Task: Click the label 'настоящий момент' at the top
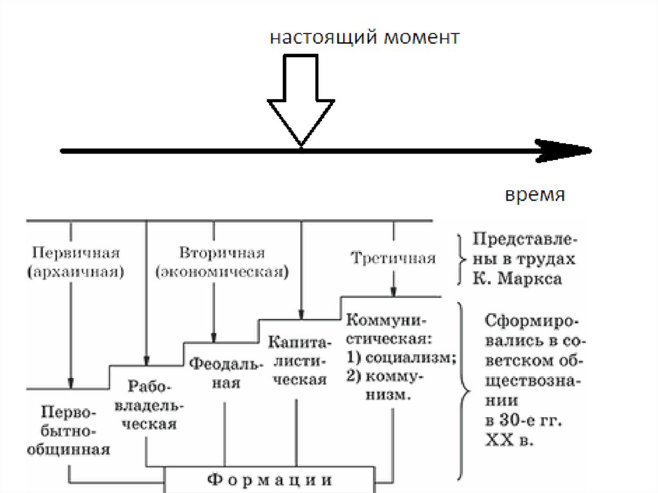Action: (364, 38)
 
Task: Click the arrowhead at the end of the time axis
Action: (569, 151)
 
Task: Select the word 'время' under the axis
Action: (535, 195)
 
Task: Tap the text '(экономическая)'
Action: (222, 271)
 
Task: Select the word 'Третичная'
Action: (393, 258)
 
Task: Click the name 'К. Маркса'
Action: (517, 279)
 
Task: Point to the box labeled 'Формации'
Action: (270, 480)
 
